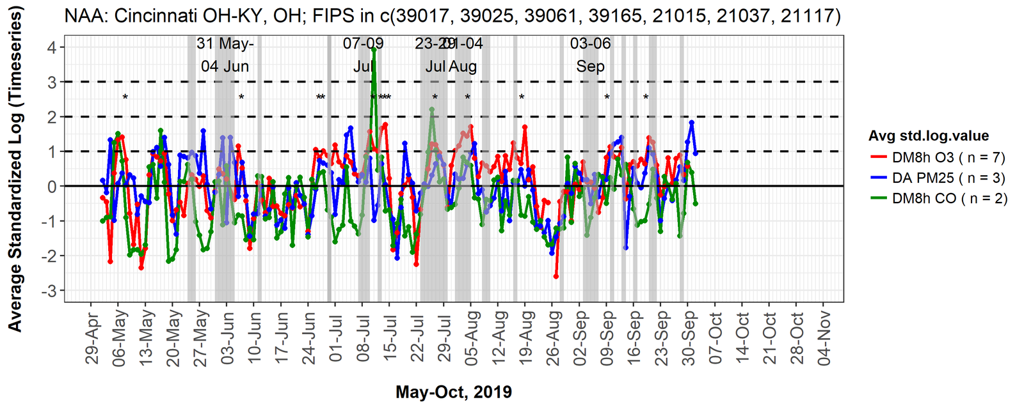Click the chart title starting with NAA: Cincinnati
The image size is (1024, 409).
click(452, 15)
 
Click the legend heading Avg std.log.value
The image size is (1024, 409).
click(928, 135)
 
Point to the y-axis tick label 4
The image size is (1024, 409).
click(51, 47)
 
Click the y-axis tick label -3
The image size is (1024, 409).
click(49, 291)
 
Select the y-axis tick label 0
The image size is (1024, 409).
click(51, 187)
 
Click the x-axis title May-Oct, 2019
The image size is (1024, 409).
click(453, 392)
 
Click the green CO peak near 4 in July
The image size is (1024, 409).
click(374, 49)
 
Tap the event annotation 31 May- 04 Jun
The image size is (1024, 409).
click(225, 55)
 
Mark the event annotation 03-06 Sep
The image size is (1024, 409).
click(590, 55)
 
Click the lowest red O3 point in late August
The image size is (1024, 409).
click(556, 276)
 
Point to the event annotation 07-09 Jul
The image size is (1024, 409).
click(363, 55)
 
